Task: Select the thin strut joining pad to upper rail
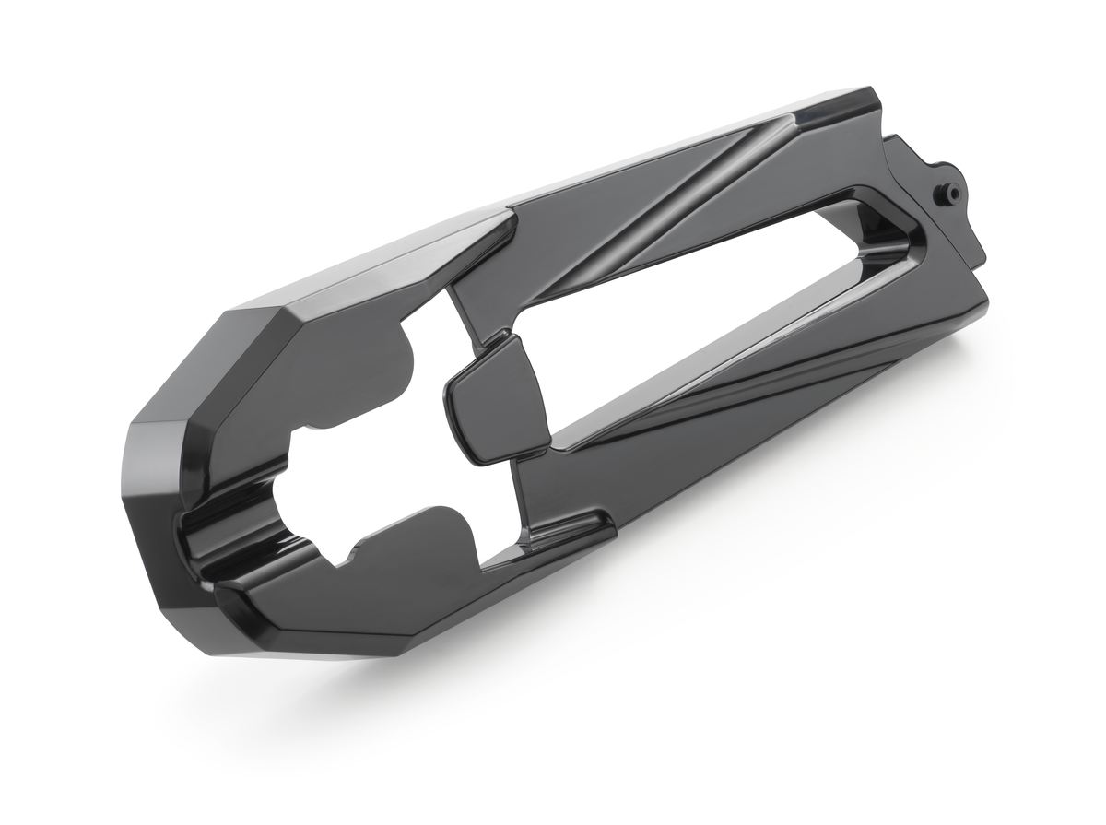(x=470, y=318)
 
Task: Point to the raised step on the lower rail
(x=571, y=525)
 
